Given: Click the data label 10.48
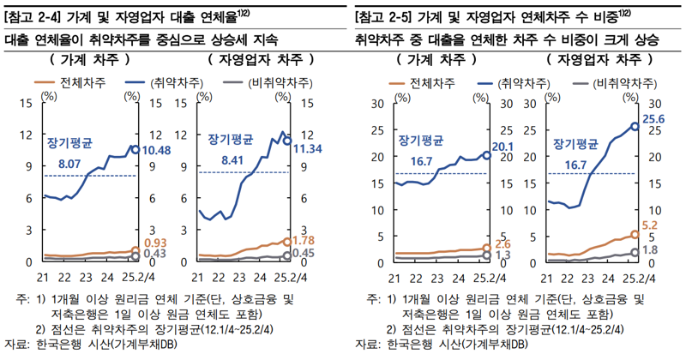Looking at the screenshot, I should (x=157, y=150).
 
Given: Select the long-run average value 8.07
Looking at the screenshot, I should (x=70, y=163).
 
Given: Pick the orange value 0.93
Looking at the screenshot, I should (x=154, y=243).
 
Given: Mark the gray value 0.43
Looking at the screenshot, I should (x=154, y=255).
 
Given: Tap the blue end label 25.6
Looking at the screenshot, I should (x=654, y=119).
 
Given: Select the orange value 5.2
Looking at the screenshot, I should (x=651, y=224).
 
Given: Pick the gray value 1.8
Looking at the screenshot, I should (x=650, y=249).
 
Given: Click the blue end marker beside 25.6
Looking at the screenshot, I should (x=635, y=126).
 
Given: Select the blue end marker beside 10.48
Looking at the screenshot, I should (x=135, y=149).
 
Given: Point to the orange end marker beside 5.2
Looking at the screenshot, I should (x=635, y=234).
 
